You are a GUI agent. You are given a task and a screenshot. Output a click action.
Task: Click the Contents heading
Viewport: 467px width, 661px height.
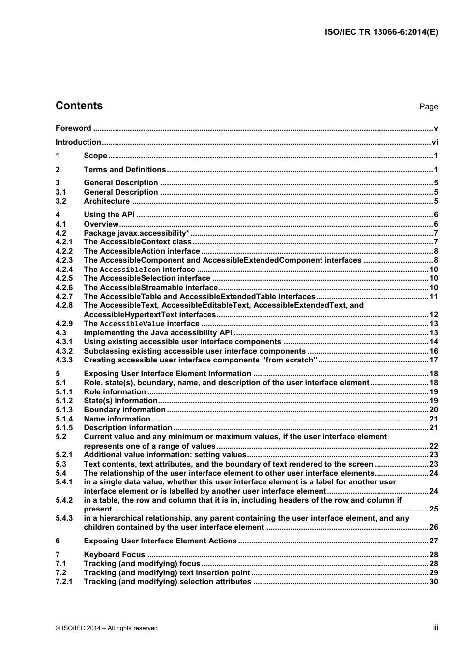tap(79, 106)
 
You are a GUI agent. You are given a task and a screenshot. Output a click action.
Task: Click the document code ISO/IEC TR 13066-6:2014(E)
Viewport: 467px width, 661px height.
tap(381, 32)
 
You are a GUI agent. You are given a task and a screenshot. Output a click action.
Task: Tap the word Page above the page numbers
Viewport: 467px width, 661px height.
tap(428, 107)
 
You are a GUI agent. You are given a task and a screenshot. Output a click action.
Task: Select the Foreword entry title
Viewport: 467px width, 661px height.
tap(73, 128)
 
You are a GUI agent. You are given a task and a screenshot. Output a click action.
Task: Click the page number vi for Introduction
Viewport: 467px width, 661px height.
tap(434, 142)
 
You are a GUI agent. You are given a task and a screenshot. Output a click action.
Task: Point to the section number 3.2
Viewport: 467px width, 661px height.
tap(61, 201)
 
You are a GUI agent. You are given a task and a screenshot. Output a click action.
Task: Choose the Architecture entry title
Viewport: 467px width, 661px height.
tap(107, 201)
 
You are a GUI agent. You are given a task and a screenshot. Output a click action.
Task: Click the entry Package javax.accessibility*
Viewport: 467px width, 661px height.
tap(136, 233)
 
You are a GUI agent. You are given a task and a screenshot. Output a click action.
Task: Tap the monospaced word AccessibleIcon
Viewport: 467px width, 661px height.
tap(130, 270)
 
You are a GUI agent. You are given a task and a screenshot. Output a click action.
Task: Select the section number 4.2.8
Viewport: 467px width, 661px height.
tap(64, 305)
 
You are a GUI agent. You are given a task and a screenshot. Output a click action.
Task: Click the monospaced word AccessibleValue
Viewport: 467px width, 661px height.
tap(132, 324)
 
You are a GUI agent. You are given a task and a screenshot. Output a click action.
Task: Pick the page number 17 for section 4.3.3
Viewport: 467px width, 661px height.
tap(433, 360)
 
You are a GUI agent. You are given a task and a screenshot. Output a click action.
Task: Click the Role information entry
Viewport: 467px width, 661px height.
tap(115, 392)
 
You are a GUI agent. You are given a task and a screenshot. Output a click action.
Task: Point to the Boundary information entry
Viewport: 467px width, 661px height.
tap(124, 410)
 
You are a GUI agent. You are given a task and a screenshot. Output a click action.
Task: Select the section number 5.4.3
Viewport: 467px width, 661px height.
tap(64, 518)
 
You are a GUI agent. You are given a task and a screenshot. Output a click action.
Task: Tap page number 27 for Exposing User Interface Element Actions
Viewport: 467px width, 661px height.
tap(433, 541)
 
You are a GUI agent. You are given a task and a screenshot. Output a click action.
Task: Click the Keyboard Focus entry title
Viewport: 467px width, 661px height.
tap(114, 555)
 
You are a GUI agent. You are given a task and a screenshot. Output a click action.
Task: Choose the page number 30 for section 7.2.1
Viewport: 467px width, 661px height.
tap(433, 582)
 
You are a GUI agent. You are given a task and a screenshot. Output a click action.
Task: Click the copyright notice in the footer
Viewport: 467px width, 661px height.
tap(107, 628)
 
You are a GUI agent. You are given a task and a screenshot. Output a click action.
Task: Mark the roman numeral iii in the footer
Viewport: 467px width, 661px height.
tap(435, 628)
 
